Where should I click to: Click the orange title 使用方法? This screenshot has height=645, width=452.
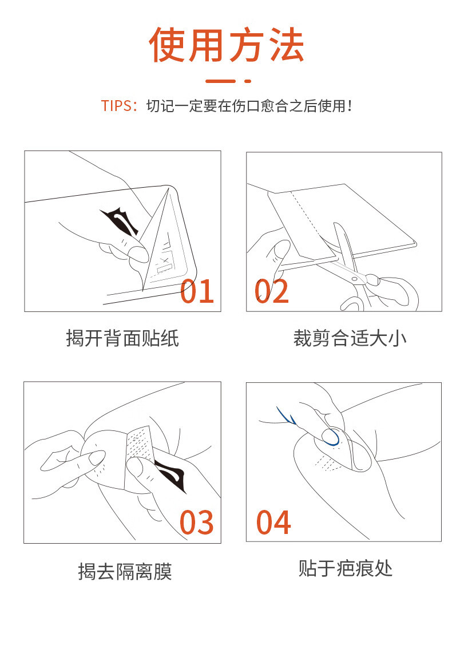pyautogui.click(x=226, y=45)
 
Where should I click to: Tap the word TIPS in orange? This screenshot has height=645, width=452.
pyautogui.click(x=116, y=106)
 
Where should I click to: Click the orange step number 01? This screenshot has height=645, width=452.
pyautogui.click(x=197, y=291)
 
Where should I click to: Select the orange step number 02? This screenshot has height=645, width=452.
pyautogui.click(x=271, y=291)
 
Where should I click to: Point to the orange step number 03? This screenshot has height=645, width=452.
pyautogui.click(x=197, y=522)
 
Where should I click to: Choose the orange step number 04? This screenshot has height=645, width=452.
pyautogui.click(x=273, y=522)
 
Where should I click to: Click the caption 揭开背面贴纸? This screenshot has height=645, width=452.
pyautogui.click(x=122, y=339)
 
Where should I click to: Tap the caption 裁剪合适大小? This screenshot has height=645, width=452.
pyautogui.click(x=350, y=339)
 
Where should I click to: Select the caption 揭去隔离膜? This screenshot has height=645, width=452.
pyautogui.click(x=125, y=571)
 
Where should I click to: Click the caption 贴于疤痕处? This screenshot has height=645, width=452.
pyautogui.click(x=346, y=568)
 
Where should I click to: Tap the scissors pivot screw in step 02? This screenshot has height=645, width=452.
pyautogui.click(x=354, y=279)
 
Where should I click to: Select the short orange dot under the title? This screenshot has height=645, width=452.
pyautogui.click(x=248, y=81)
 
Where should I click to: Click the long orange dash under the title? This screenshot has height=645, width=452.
pyautogui.click(x=220, y=81)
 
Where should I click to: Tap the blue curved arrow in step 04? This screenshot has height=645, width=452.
pyautogui.click(x=286, y=416)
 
